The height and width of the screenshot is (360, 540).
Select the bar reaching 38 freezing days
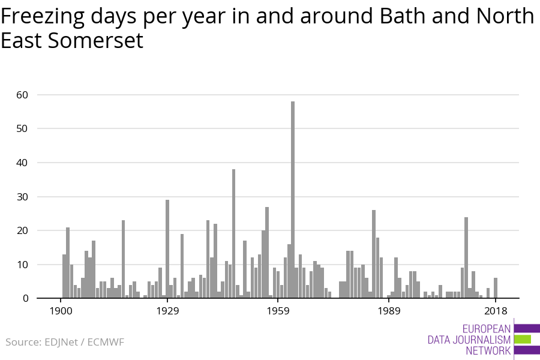click(233, 233)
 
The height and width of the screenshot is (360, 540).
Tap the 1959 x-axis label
click(278, 311)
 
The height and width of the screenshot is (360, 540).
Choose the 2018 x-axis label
click(496, 311)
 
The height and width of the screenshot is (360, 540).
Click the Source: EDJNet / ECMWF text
click(65, 342)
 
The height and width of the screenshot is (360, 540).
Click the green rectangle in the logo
click(523, 339)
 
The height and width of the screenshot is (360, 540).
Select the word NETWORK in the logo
click(488, 350)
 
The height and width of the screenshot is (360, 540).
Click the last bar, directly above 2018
click(496, 288)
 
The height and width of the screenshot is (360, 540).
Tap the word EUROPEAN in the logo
click(487, 329)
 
